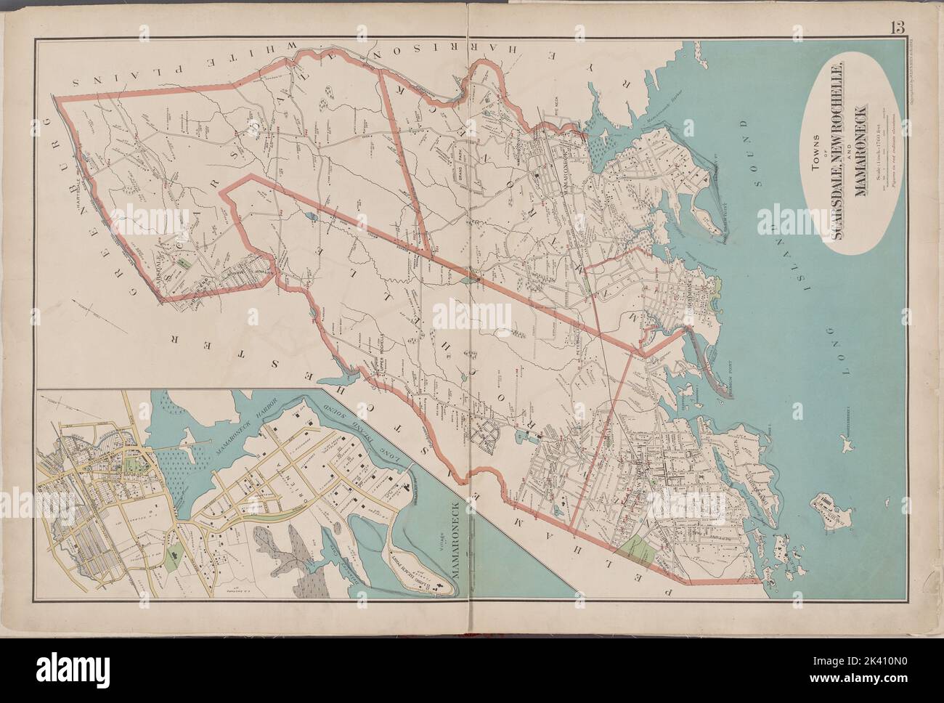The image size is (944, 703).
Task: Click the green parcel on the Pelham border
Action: click(x=640, y=552)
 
